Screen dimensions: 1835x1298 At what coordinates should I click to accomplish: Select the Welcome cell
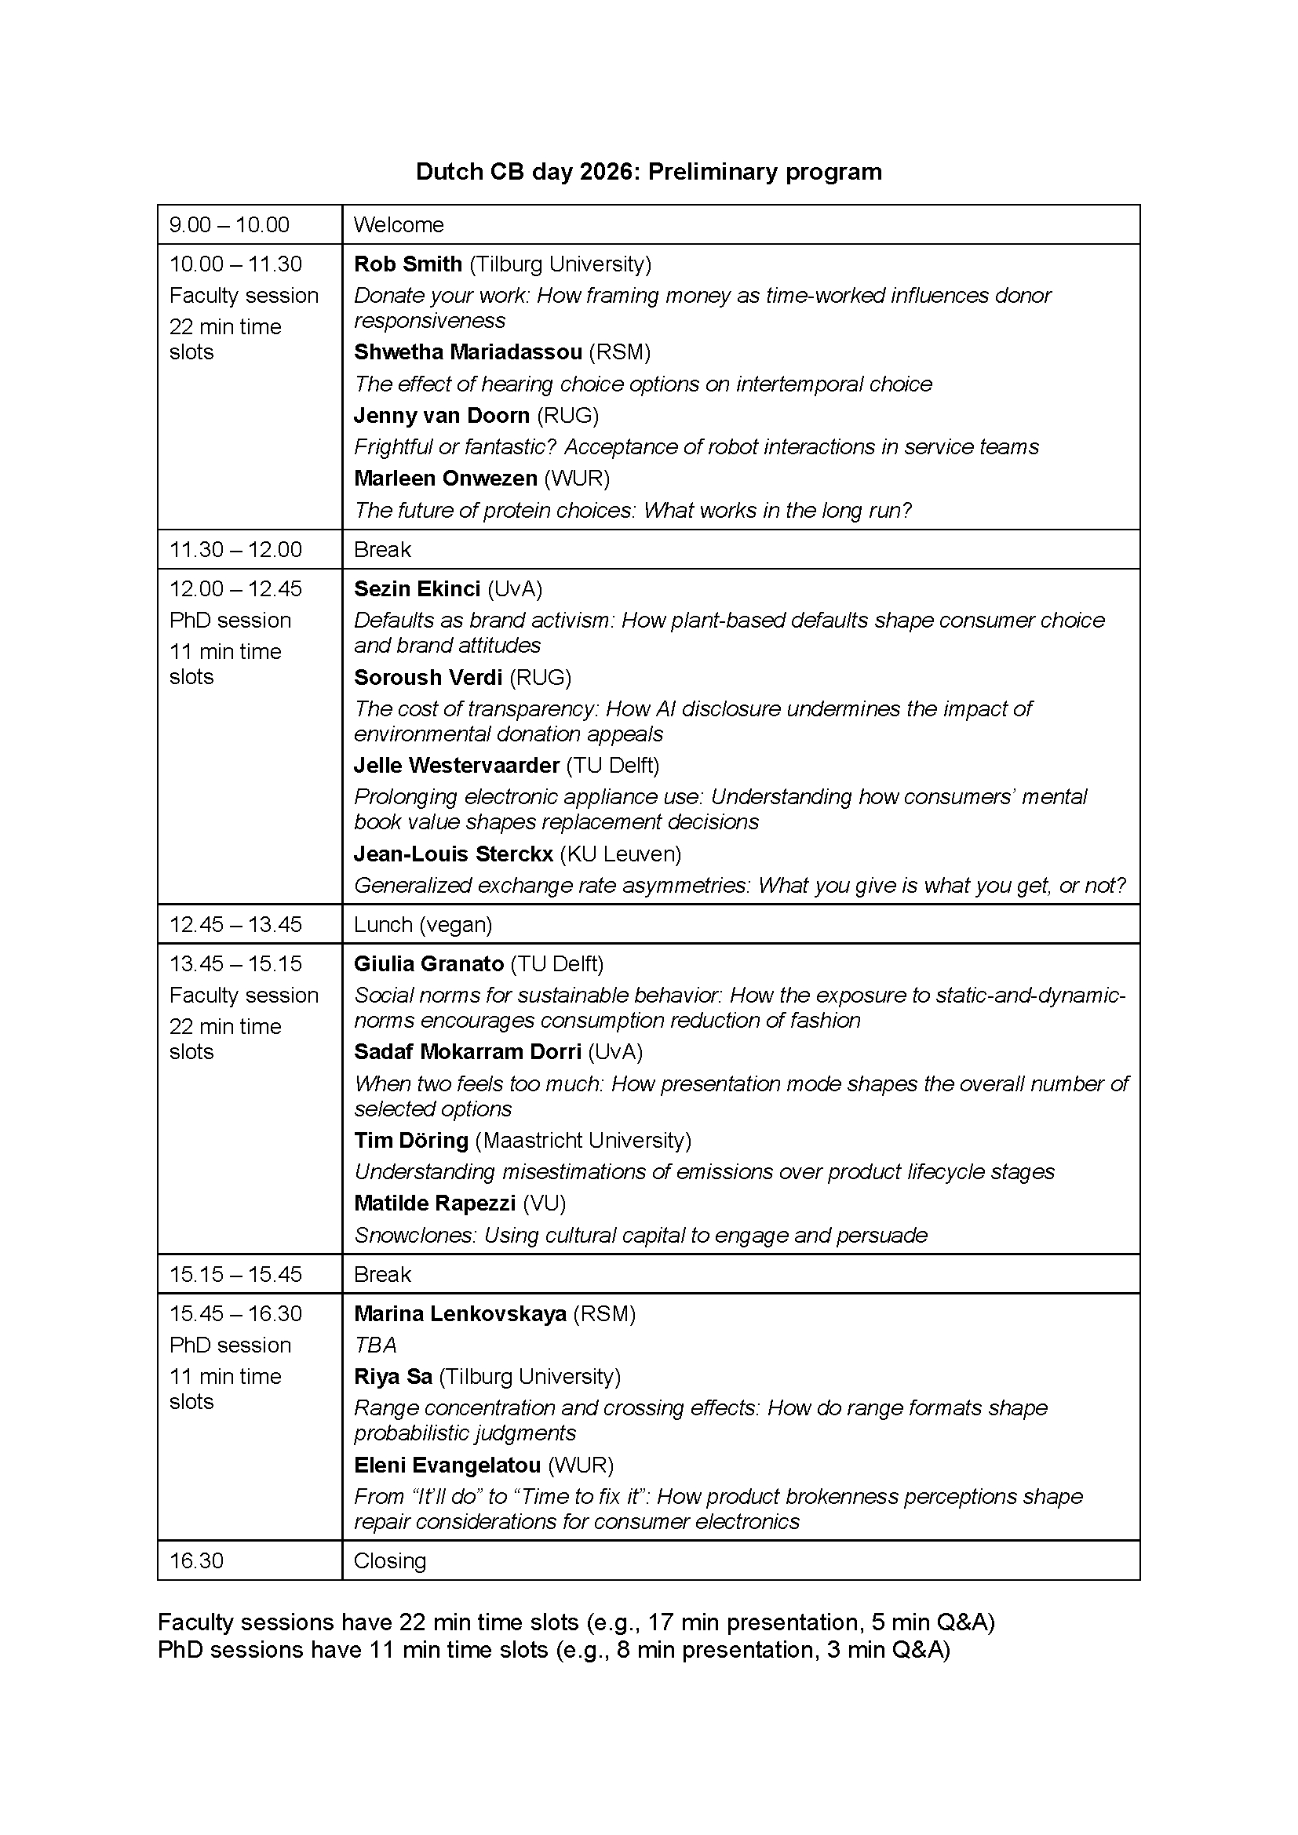click(x=398, y=224)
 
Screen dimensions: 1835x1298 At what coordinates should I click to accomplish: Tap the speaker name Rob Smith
click(x=407, y=264)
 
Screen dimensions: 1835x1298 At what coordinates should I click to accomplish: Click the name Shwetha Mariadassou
click(x=468, y=351)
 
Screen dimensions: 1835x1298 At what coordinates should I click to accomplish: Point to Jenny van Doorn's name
click(x=441, y=416)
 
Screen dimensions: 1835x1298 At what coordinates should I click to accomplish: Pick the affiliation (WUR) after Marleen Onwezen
click(x=576, y=478)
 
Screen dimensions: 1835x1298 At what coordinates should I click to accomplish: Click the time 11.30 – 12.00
click(x=235, y=549)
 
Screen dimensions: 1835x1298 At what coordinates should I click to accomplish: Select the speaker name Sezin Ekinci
click(x=417, y=589)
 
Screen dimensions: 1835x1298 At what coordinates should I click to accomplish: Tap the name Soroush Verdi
click(x=428, y=677)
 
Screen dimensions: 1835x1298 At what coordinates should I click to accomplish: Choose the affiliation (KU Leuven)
click(x=619, y=854)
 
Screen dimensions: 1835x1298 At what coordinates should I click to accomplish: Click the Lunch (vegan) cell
click(x=423, y=924)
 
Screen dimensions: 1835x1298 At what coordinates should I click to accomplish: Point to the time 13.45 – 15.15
click(x=235, y=963)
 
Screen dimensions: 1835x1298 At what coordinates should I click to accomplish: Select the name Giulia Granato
click(x=428, y=964)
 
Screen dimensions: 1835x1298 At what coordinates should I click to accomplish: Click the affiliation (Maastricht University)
click(x=582, y=1140)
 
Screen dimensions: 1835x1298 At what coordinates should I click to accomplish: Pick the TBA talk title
click(x=375, y=1345)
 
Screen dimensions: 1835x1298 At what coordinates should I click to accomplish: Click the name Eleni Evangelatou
click(x=447, y=1465)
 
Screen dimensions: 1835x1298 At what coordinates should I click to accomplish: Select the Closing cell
click(x=389, y=1560)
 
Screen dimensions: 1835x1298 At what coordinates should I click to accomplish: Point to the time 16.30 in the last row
click(x=196, y=1560)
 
